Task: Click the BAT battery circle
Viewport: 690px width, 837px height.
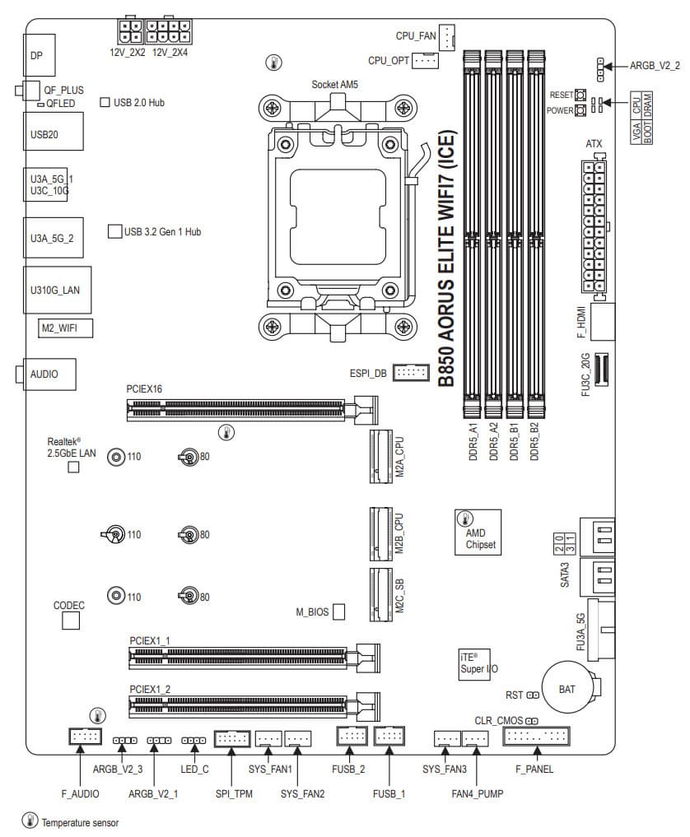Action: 567,688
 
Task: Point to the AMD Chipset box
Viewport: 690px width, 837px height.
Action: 478,531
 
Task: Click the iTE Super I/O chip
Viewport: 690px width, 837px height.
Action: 478,663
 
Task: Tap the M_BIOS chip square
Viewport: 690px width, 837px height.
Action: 338,611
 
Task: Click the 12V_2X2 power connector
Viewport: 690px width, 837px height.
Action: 128,31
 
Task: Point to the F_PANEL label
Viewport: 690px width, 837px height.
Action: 534,770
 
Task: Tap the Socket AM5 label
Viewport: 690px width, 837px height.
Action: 335,85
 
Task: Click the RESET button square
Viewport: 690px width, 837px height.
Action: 580,95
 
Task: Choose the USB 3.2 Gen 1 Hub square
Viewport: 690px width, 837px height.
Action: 115,231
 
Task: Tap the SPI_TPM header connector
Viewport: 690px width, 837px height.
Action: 231,739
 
